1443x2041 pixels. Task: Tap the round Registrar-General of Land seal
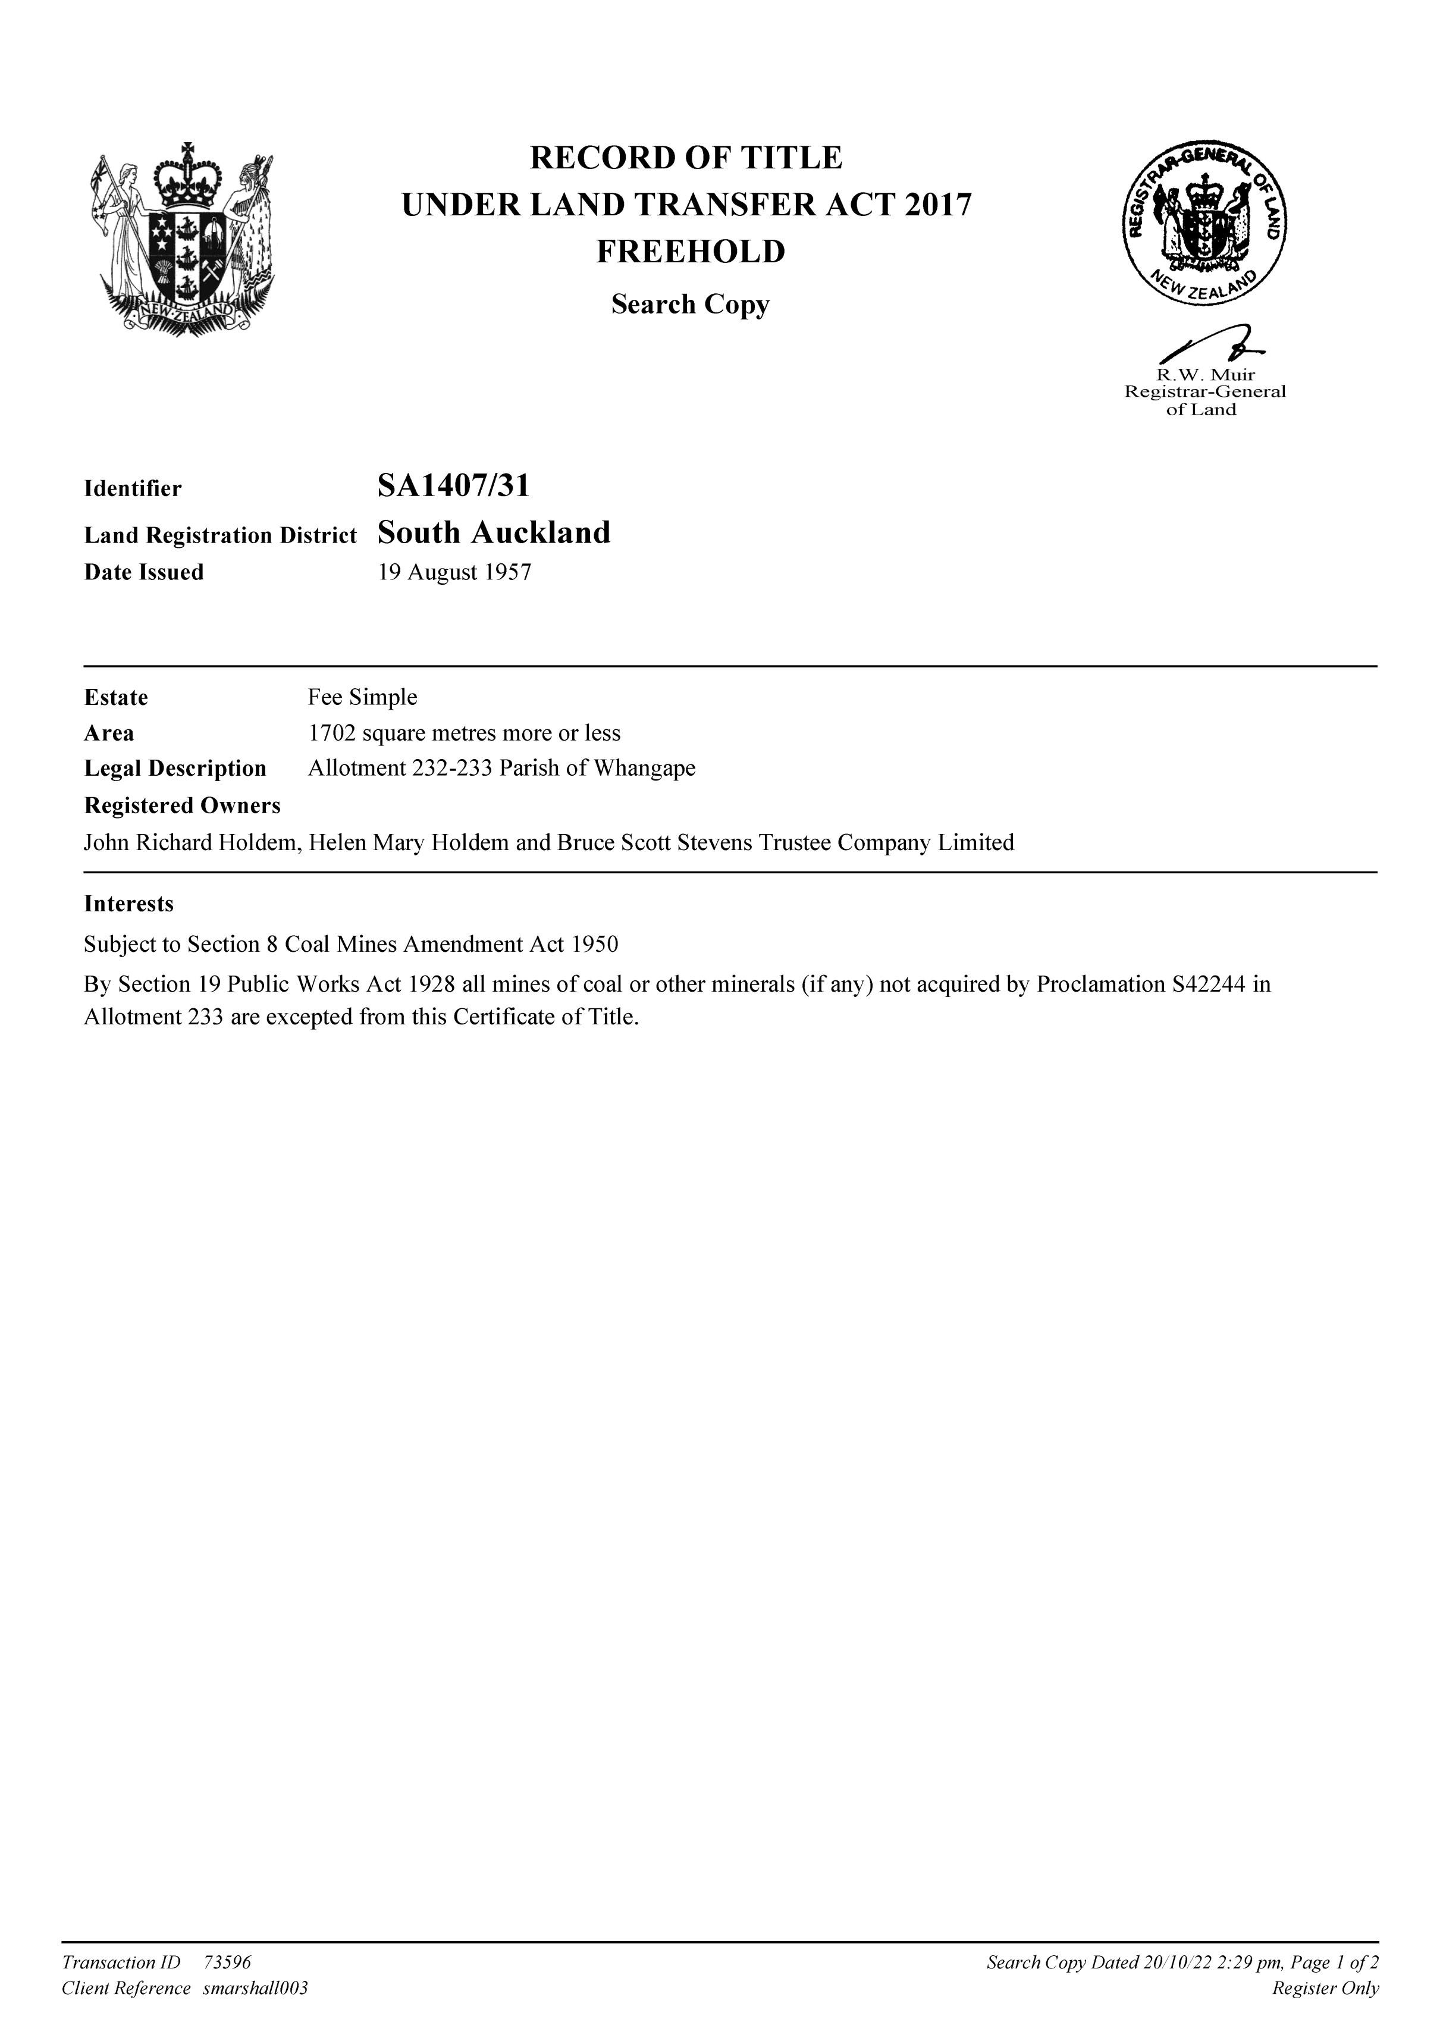[1204, 224]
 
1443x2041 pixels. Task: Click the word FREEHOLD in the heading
[690, 252]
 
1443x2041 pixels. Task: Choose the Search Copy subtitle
[690, 305]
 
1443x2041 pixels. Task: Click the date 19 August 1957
[454, 572]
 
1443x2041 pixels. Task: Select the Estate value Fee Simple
[363, 697]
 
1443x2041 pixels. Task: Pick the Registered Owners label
[182, 805]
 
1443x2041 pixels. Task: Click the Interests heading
[129, 904]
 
